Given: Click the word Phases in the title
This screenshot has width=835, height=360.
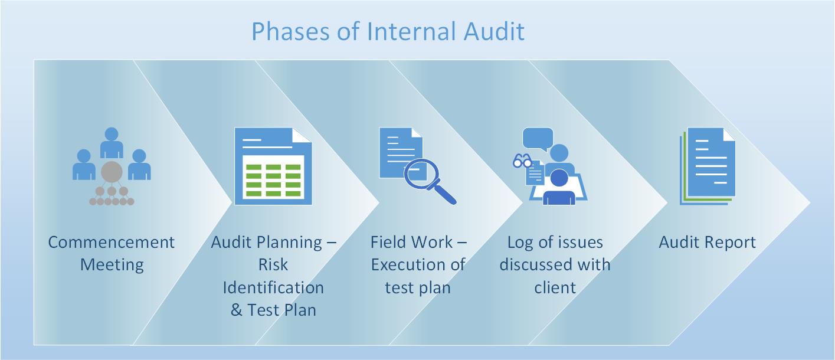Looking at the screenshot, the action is coord(290,31).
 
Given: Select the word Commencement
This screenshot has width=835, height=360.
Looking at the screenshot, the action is coord(111,242).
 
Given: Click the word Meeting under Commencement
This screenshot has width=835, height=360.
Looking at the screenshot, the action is coord(112,266).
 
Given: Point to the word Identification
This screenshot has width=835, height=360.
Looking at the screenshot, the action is coord(273,287).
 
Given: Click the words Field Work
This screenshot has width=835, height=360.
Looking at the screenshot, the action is coord(411,242).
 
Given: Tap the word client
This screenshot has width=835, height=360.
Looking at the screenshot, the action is coord(555,287).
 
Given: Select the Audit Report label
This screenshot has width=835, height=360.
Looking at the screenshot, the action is coord(707,242).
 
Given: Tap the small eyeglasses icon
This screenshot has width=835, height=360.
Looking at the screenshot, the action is coord(522,161).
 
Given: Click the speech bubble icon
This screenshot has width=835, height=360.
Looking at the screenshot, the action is coord(538,139).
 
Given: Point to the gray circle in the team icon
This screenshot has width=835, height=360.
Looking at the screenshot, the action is coord(112,172).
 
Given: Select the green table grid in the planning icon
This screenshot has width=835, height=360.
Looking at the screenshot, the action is coord(273,180).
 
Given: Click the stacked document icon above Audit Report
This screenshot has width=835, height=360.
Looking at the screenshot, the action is coord(708,166).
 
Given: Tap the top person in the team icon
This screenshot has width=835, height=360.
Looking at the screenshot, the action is coord(112,142).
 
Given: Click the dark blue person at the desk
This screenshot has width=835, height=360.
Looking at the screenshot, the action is coord(559,187).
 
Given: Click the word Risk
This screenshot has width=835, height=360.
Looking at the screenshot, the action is coord(273,265).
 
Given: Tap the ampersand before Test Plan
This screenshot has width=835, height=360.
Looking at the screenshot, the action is coord(236,310).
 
